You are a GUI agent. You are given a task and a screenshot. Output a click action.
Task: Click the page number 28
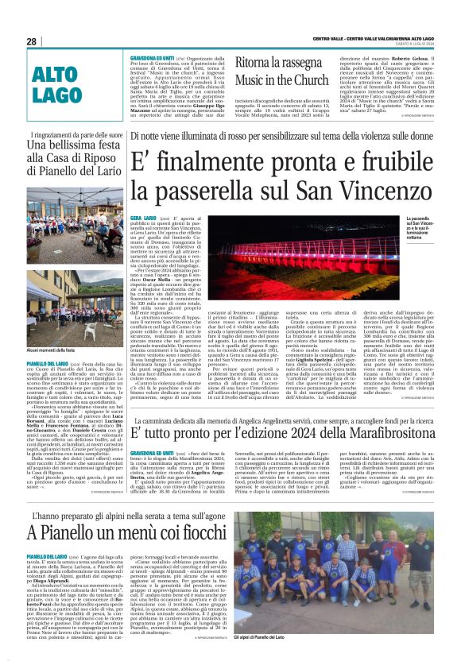[32, 41]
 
